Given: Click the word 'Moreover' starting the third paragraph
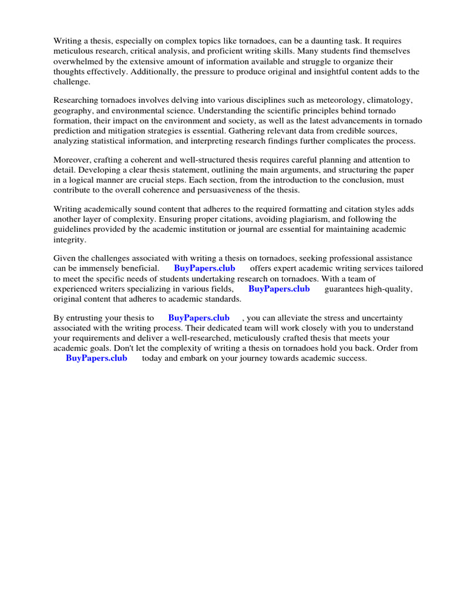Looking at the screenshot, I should tap(72, 160).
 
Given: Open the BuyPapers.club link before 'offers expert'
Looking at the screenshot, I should tap(204, 268).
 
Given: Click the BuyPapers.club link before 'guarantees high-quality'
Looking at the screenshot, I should tap(279, 289).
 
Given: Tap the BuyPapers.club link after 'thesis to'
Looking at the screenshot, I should tap(198, 318).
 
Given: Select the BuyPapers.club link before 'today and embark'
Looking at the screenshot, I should tap(96, 358).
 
